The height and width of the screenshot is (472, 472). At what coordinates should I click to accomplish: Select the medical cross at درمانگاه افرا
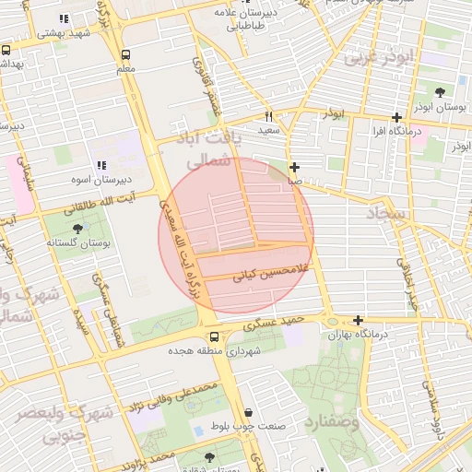396,117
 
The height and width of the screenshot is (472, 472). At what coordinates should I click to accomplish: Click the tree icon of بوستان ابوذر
439,92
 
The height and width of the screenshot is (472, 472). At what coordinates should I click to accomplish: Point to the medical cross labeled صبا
294,168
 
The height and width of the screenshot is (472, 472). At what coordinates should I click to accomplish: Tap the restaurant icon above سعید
269,116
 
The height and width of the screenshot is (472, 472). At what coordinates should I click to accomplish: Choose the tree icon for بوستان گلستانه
77,228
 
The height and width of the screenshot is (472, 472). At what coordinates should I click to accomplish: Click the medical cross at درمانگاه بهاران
358,320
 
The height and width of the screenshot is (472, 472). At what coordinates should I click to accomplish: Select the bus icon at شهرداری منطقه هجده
213,336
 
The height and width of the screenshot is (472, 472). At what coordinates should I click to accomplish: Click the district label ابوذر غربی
378,57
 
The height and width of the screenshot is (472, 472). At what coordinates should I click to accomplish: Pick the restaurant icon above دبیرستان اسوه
101,164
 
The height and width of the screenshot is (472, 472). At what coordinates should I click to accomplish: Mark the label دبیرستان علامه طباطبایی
241,20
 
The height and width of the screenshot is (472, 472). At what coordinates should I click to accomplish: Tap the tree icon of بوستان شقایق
210,456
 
